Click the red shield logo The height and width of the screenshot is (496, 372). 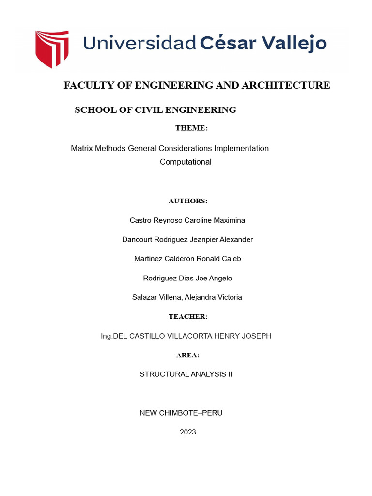51,48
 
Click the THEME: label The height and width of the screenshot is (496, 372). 191,128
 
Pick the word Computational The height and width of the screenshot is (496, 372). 186,162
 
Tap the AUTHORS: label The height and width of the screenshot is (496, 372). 188,201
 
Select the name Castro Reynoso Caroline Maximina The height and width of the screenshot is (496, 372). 187,220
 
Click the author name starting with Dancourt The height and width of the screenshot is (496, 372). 187,240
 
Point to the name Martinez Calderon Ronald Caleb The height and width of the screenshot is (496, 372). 187,259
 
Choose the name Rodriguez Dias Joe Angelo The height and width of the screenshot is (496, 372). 187,278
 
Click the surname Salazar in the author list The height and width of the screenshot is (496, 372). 145,297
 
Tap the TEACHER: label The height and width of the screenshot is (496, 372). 188,317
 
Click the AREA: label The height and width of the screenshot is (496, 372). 188,355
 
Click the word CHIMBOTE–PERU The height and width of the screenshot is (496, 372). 191,413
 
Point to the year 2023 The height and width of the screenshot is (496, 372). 187,432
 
